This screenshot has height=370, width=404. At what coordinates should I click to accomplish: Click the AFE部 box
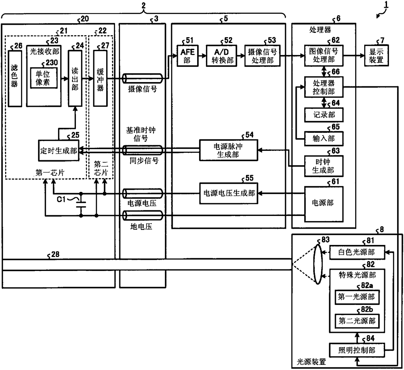(187, 56)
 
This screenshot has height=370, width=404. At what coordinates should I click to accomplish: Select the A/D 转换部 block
(221, 56)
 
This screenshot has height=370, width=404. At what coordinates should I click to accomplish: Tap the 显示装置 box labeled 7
(376, 56)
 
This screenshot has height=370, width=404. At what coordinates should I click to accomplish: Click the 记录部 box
(324, 115)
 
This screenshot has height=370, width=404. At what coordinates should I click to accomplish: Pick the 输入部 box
(324, 138)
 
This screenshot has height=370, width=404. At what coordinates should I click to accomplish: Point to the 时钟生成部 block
(324, 166)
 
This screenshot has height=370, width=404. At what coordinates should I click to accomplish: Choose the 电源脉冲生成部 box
(228, 150)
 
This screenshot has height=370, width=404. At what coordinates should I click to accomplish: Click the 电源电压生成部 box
(229, 193)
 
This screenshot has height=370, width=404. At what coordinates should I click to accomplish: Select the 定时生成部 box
(59, 150)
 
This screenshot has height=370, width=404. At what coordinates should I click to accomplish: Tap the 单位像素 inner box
(44, 78)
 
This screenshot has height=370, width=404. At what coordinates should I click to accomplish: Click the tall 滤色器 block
(15, 78)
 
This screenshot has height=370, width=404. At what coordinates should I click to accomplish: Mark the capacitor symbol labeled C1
(81, 205)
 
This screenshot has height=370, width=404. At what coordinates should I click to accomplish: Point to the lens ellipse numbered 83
(318, 264)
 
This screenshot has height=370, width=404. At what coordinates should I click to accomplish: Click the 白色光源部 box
(357, 252)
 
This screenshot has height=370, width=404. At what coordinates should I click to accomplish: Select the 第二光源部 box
(357, 321)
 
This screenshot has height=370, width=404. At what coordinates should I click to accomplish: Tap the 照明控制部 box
(357, 350)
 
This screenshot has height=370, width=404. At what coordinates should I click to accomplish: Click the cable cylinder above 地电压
(143, 216)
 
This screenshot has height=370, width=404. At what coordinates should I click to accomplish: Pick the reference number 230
(52, 63)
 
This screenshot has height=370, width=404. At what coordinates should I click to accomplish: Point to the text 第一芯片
(50, 173)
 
